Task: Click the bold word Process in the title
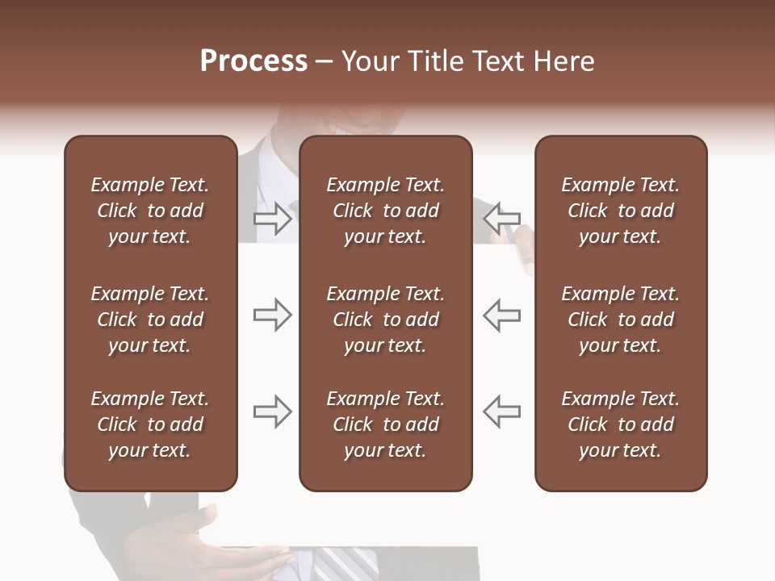pos(253,61)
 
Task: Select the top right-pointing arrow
pos(272,218)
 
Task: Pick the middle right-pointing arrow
pos(272,315)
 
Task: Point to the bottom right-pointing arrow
pos(272,412)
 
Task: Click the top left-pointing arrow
pos(501,218)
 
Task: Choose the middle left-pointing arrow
pos(501,315)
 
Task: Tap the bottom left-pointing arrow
pos(501,412)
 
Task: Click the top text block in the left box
pos(150,211)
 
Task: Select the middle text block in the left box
pos(150,320)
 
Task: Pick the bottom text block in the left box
pos(150,424)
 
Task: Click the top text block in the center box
pos(386,211)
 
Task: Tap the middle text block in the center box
pos(386,320)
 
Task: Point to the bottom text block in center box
pos(386,424)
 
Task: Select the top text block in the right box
pos(621,211)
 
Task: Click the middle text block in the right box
pos(621,320)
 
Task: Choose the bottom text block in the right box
pos(621,424)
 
